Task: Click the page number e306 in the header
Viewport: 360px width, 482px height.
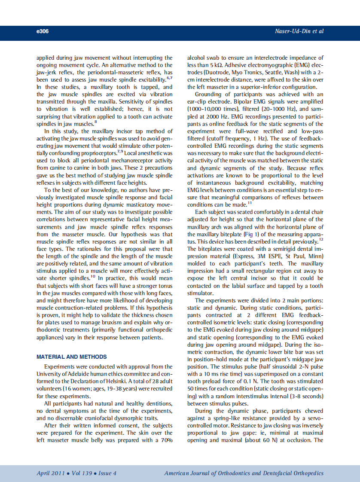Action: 43,31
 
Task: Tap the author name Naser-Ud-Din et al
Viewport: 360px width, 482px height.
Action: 299,31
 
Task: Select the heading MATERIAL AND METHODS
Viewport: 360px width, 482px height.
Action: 72,357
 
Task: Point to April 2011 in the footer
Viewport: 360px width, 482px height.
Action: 51,473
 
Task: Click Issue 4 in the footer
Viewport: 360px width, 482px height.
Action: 107,473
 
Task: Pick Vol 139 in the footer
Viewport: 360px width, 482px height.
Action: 82,473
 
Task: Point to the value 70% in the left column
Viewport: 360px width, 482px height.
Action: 166,440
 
